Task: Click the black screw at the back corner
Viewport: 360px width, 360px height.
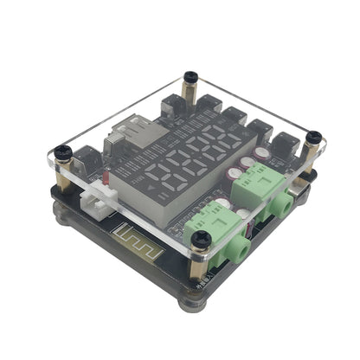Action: (192, 80)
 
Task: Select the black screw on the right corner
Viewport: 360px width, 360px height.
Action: (312, 137)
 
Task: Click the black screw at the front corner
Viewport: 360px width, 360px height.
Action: (202, 238)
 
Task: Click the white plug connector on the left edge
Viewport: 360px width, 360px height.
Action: (97, 204)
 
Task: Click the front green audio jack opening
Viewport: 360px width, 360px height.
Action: (241, 252)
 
